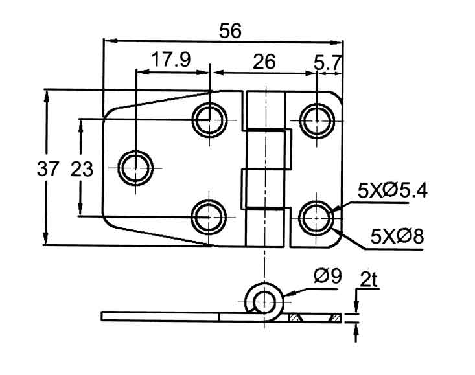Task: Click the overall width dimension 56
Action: coord(230,31)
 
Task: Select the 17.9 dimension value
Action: coord(170,60)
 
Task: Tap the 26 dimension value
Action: coord(264,62)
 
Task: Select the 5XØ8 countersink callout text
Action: coord(397,236)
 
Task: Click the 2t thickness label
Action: coord(369,280)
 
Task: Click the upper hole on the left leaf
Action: coord(210,119)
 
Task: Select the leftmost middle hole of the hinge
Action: coord(136,168)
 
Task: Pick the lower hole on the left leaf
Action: coord(210,216)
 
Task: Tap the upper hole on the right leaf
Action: coord(316,119)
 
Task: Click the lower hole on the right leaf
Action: coord(316,216)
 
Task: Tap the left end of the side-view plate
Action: coord(104,317)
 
